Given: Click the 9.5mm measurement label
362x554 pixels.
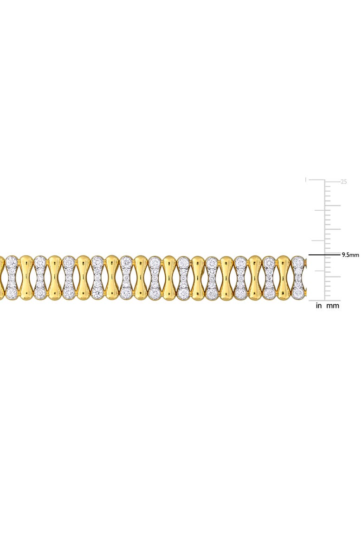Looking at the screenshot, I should (x=350, y=255).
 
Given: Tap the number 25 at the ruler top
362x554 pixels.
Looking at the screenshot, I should (x=344, y=182).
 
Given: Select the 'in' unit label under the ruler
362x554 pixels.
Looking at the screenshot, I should (x=319, y=306).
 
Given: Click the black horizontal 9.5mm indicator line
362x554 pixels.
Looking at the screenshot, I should (x=324, y=254).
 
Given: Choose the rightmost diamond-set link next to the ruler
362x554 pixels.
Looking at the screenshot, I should (x=298, y=277).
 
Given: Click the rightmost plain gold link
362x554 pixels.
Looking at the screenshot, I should (x=284, y=277).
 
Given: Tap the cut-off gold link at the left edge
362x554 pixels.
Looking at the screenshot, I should (x=1, y=277).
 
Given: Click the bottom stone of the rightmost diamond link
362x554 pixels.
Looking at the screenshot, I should (x=298, y=293).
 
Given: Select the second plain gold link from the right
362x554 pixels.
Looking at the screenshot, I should (x=255, y=277).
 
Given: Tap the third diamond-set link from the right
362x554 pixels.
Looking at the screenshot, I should (x=241, y=277).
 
